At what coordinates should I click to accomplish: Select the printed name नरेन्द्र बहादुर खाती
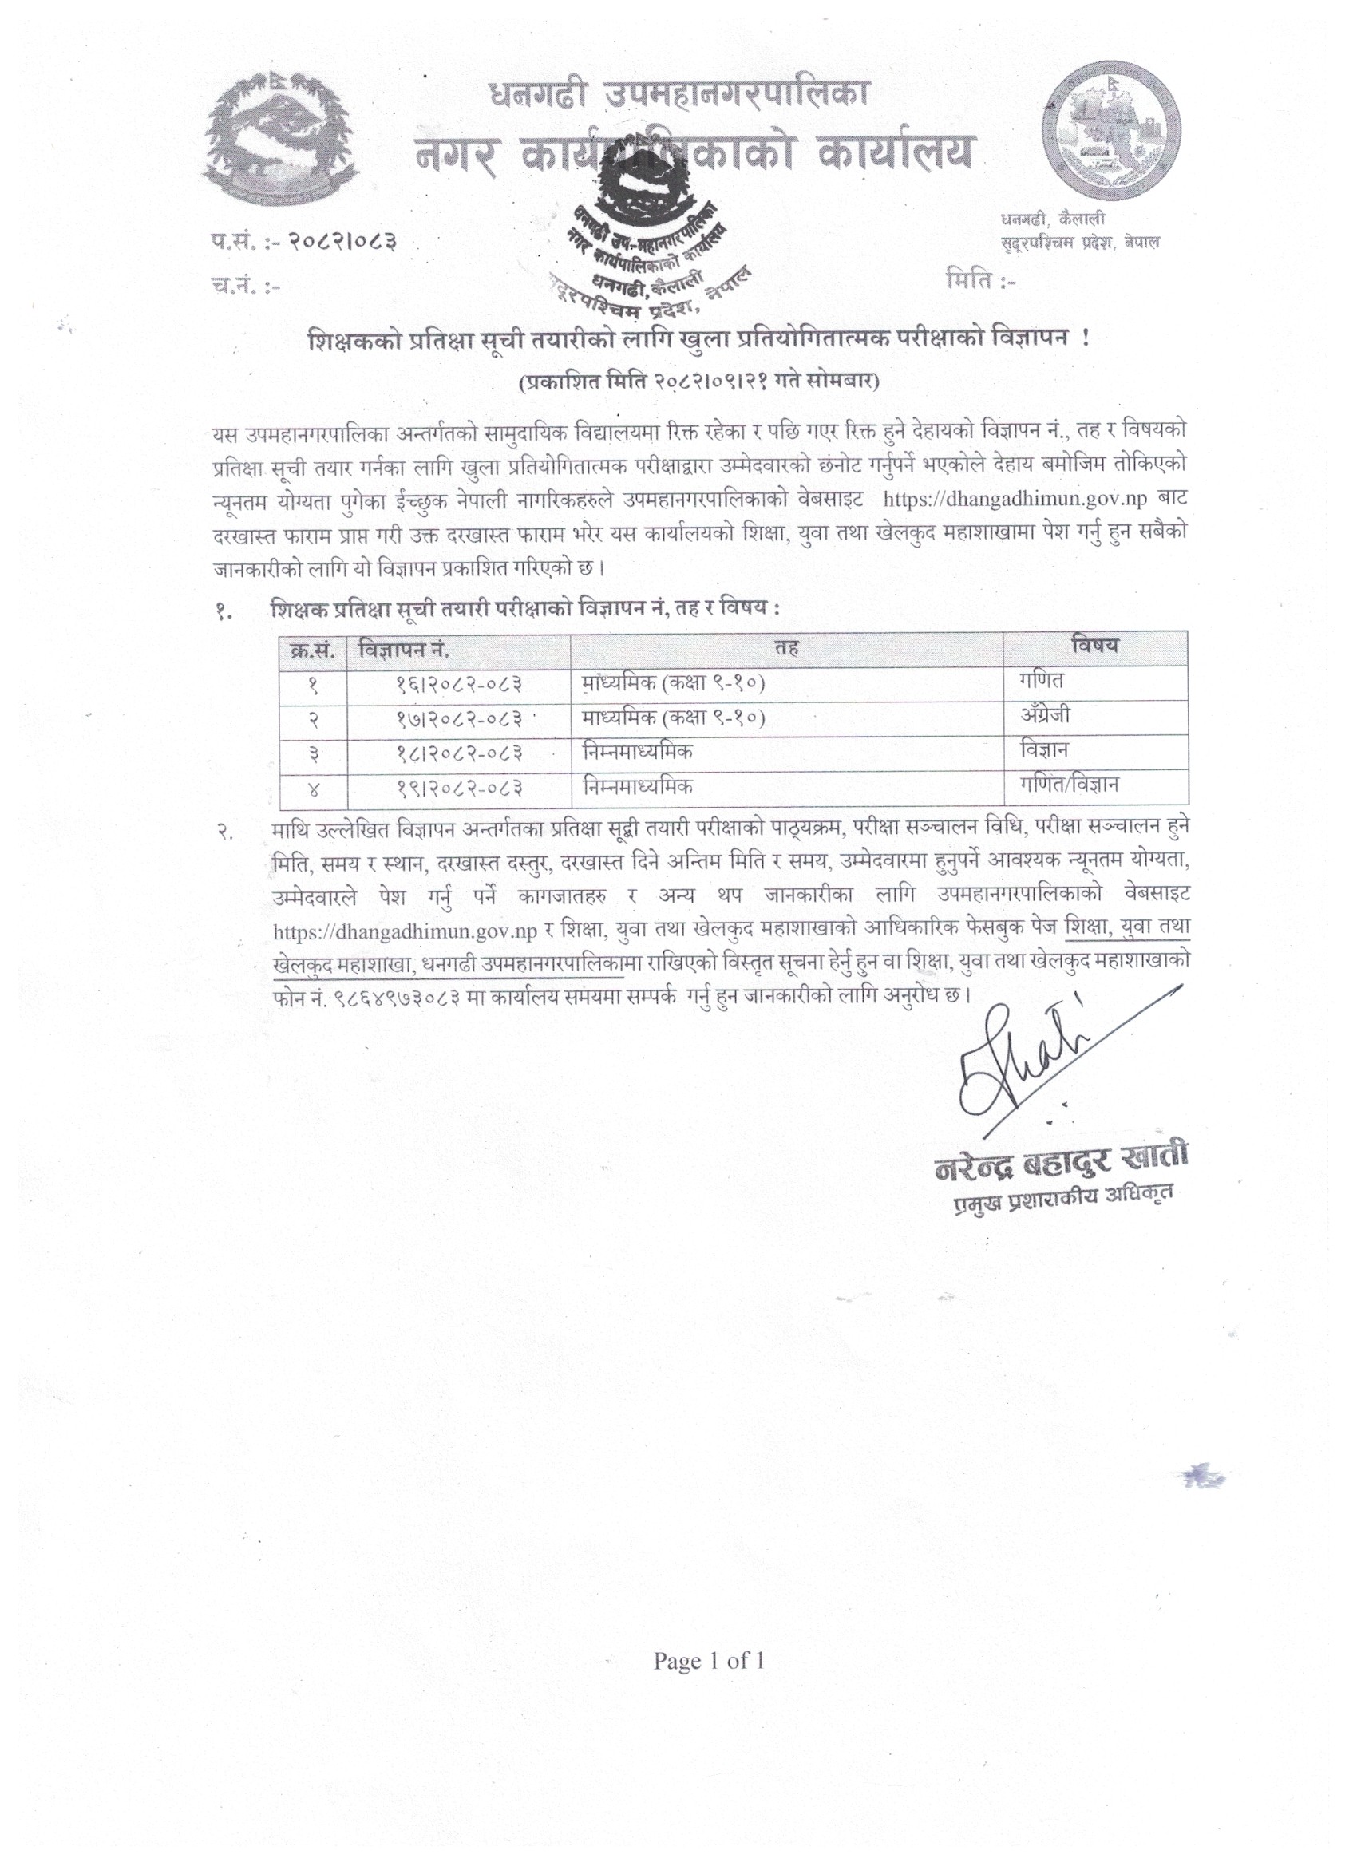(1062, 1166)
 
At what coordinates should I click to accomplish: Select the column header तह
(786, 648)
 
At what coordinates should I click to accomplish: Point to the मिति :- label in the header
(982, 283)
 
